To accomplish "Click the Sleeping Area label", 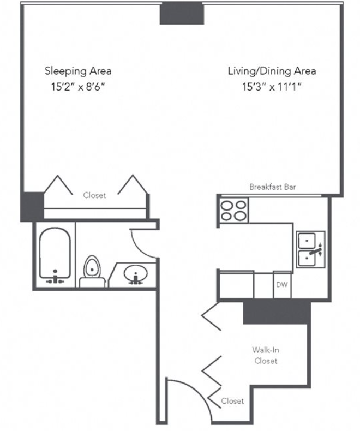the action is [78, 71].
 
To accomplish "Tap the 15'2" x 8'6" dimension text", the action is [78, 87].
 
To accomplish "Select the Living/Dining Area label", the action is [272, 71].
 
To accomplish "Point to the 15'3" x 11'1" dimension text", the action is [272, 87].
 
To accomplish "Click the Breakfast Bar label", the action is [272, 187].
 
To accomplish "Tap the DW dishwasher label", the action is [281, 284].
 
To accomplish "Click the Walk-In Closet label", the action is [266, 355].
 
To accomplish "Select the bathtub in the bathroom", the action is [55, 255].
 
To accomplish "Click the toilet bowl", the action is [92, 267].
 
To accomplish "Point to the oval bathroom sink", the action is [135, 273].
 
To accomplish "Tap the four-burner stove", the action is [233, 210].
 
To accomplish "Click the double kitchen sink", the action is [310, 249].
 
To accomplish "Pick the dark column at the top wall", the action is [182, 13].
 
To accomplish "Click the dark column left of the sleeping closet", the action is [32, 207].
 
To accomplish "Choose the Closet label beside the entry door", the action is [232, 401].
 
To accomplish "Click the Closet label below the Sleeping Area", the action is [94, 195].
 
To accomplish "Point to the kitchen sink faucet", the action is [316, 250].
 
